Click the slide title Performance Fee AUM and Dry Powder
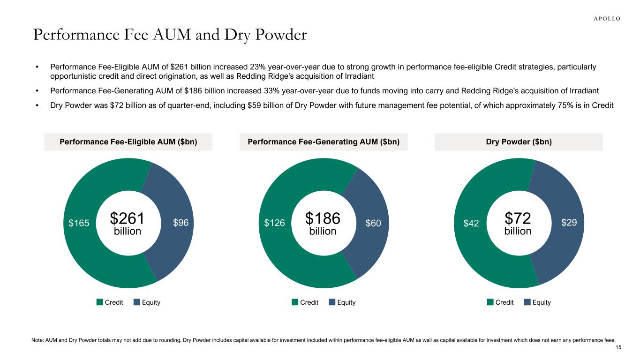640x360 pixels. [x=170, y=35]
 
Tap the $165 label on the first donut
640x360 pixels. [x=78, y=223]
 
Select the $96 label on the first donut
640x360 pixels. [x=181, y=223]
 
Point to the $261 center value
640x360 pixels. [x=128, y=218]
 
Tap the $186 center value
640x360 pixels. [x=323, y=218]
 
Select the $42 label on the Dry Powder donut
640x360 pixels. [x=471, y=224]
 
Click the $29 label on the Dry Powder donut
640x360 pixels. [x=569, y=223]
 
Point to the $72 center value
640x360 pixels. [x=518, y=218]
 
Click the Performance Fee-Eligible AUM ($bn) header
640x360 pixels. [x=128, y=142]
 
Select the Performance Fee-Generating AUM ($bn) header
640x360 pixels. [x=324, y=142]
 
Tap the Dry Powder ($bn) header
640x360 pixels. [x=519, y=142]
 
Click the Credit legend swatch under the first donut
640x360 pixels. [x=100, y=302]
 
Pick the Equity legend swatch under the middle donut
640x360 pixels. [x=332, y=302]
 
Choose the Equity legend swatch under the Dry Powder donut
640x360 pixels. [x=527, y=302]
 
